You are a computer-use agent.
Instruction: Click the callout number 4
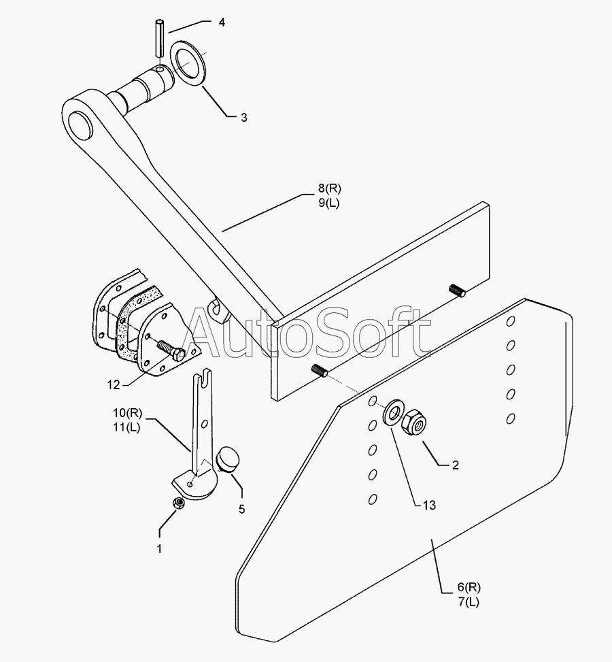point(221,22)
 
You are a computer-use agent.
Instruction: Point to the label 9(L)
point(327,204)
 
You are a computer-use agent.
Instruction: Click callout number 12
point(113,385)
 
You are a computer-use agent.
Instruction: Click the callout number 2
point(455,465)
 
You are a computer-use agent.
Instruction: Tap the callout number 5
point(241,508)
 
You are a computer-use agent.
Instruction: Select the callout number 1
point(159,548)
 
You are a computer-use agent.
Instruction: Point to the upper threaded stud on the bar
point(456,291)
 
